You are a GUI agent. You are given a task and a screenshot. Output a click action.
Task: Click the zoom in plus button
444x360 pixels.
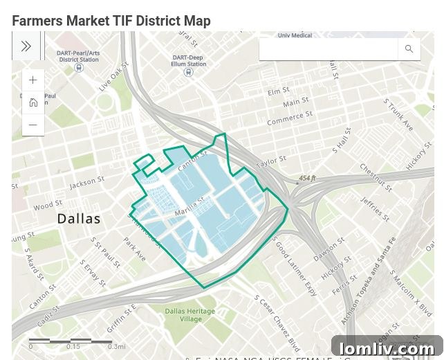tap(33, 80)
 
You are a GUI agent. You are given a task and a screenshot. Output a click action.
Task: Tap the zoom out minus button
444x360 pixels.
tap(33, 125)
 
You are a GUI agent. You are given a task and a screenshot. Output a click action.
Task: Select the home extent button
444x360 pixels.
tap(33, 103)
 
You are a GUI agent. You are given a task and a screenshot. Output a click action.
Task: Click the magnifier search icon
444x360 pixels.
tap(409, 48)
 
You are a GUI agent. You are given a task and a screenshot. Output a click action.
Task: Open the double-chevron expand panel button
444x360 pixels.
tap(26, 46)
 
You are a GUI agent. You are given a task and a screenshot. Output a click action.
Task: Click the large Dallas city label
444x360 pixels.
tap(79, 219)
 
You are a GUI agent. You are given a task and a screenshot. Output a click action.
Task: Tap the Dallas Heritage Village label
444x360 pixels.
tap(191, 315)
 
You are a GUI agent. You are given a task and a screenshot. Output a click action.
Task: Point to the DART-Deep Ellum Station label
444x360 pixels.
tap(189, 61)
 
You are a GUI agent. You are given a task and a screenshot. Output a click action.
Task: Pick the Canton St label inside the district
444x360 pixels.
tap(192, 161)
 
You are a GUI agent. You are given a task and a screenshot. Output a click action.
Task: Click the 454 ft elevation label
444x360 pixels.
tap(307, 178)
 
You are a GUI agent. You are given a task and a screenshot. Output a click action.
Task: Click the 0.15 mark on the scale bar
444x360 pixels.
tap(73, 346)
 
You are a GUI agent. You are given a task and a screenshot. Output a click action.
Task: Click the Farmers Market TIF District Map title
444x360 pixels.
tap(111, 21)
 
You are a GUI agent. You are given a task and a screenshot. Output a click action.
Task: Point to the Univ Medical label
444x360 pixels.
tap(295, 35)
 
